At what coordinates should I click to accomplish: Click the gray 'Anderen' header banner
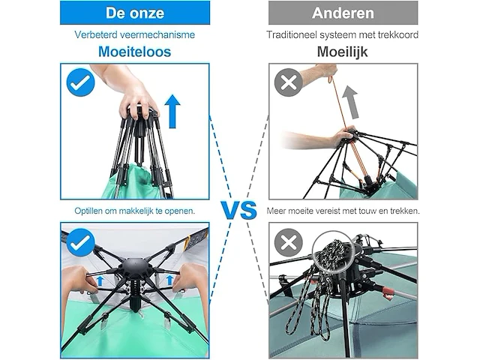point(343,12)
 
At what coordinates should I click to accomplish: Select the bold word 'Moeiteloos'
point(134,52)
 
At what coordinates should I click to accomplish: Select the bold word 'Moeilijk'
point(343,52)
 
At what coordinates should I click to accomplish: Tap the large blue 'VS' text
point(238,210)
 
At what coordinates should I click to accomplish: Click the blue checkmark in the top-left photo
point(79,83)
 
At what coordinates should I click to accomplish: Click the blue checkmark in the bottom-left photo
point(79,243)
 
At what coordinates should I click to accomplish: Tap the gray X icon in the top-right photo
point(288,83)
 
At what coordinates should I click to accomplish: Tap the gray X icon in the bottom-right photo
point(288,243)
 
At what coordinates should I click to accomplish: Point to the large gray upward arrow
point(349,100)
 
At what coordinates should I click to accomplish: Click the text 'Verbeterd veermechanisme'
point(134,34)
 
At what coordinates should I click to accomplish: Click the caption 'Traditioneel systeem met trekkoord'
point(343,34)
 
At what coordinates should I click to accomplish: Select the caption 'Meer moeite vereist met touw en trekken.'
point(343,211)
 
